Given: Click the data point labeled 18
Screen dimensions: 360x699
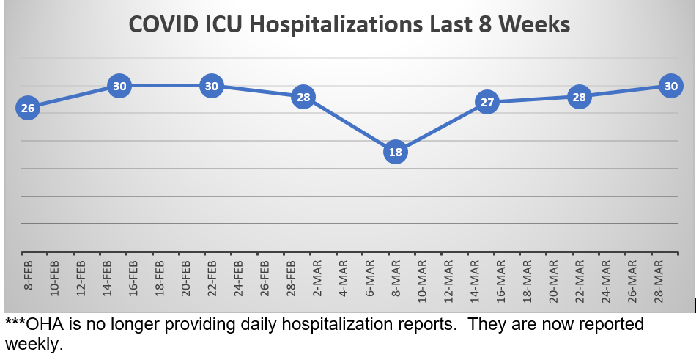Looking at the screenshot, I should click(x=395, y=153).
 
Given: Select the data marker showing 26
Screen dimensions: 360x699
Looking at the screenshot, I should click(x=28, y=109).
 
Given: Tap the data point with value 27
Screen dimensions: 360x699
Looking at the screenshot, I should click(x=487, y=102).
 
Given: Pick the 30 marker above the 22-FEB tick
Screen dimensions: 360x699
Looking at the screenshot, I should click(x=212, y=86).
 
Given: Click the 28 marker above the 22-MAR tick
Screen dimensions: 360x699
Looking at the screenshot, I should click(x=579, y=97).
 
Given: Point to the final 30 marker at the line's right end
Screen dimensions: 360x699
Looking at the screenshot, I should click(x=670, y=86).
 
